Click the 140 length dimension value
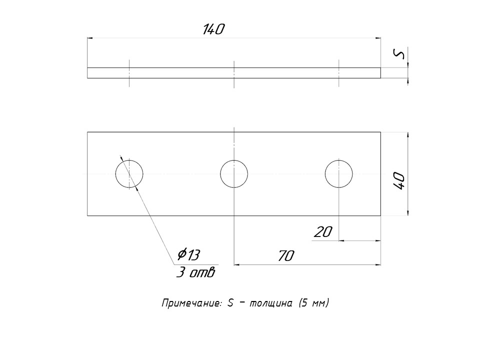click(213, 29)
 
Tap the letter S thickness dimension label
click(399, 54)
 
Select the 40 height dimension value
click(399, 180)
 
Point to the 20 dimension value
click(323, 232)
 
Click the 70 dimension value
click(285, 256)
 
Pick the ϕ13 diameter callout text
click(188, 255)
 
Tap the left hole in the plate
click(129, 174)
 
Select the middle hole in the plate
click(234, 174)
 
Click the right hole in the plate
click(339, 174)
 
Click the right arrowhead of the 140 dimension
click(378, 37)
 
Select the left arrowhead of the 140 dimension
click(90, 37)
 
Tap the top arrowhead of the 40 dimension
click(408, 135)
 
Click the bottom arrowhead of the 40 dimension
click(408, 213)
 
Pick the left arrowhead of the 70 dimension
click(237, 265)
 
